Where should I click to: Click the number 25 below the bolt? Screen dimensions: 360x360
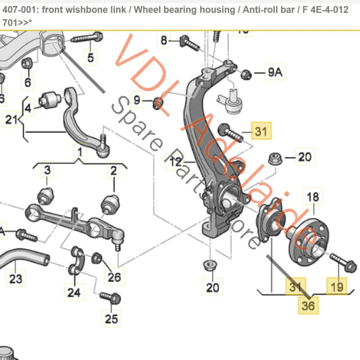(111, 318)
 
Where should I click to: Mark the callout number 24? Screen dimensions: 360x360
(73, 292)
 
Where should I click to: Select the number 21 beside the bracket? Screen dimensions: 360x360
(10, 120)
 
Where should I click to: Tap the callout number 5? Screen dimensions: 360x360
(91, 55)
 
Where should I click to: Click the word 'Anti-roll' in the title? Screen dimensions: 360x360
(280, 8)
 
